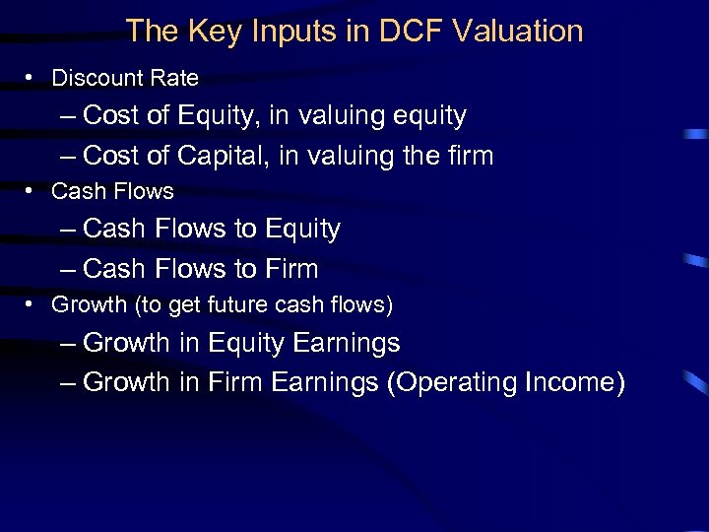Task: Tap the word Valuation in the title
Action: coord(518,32)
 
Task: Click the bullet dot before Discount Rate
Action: coord(32,78)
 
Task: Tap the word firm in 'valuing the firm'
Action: coord(464,156)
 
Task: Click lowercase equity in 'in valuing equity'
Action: coord(429,116)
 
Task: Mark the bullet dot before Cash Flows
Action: coord(32,191)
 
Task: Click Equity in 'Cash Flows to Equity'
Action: coord(300,230)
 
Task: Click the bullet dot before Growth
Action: coord(32,305)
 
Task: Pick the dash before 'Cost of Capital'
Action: coord(66,156)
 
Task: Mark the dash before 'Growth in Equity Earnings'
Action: coord(66,344)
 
